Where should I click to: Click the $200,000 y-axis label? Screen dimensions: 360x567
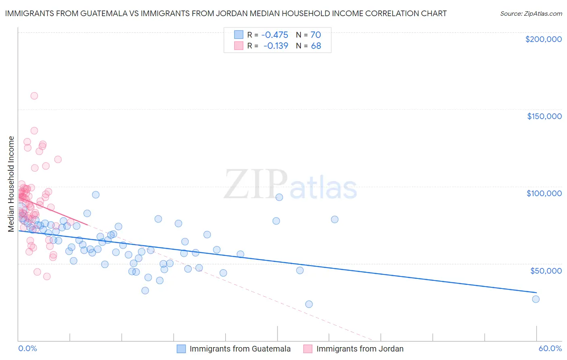pos(543,39)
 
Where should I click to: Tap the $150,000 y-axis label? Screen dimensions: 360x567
pos(544,116)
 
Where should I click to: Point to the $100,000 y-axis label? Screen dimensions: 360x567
pos(544,193)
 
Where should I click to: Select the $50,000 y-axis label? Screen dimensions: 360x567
pos(546,270)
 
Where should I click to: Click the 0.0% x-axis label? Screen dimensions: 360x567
pos(27,349)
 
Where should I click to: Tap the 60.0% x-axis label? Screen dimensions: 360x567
pos(550,349)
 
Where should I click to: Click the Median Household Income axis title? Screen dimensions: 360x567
pos(11,184)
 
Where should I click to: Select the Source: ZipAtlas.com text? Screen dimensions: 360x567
pos(531,13)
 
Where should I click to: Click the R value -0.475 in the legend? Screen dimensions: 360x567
pos(275,35)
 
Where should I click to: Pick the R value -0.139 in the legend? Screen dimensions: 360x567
pos(275,46)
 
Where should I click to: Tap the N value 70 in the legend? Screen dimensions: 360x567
pos(315,35)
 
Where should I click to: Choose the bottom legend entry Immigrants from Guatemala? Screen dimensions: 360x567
pos(240,349)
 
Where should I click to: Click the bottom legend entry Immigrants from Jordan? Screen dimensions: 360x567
pos(360,349)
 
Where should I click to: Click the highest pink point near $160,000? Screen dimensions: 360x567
pos(34,96)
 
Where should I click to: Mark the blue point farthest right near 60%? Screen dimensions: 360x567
pos(536,299)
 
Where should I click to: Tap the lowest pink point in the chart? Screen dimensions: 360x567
pos(47,276)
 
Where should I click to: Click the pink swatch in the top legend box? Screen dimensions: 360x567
pos(239,46)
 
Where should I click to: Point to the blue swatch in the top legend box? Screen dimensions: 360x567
pos(239,35)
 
